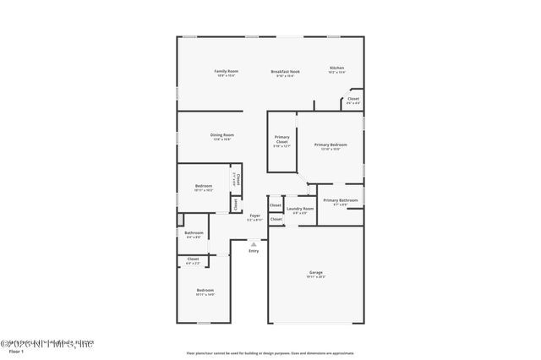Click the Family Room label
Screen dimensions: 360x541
226,71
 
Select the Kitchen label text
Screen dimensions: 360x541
336,68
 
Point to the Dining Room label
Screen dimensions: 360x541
222,134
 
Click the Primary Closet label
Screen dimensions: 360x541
281,139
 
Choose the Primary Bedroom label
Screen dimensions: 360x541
331,145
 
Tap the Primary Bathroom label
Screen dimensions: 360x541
340,200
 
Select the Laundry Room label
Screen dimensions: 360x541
300,209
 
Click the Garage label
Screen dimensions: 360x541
315,272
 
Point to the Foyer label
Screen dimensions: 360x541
254,215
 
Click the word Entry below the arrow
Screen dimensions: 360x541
254,251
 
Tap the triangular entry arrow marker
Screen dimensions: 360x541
253,243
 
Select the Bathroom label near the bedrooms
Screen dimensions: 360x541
194,232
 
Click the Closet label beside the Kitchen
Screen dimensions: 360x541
352,99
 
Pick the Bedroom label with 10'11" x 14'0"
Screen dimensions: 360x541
205,291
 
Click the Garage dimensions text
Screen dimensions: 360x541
315,277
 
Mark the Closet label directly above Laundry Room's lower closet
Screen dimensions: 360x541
276,205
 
